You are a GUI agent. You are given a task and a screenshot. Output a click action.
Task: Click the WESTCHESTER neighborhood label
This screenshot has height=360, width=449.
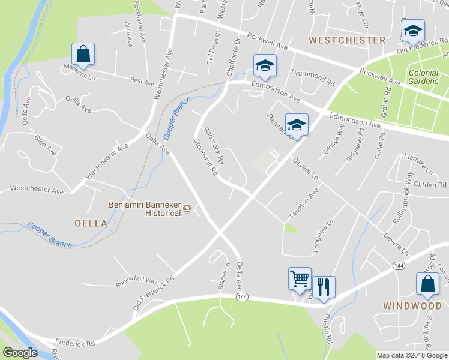347,40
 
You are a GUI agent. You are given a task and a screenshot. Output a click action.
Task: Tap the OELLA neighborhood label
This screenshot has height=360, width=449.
91,223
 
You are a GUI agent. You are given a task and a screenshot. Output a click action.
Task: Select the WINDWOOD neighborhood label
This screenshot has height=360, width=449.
413,305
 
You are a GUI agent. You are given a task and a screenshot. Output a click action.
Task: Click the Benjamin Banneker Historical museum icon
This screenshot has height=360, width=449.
187,209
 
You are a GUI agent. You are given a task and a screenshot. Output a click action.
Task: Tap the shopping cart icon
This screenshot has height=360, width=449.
300,278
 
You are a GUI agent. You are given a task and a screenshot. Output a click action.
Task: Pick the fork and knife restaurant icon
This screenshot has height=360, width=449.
324,286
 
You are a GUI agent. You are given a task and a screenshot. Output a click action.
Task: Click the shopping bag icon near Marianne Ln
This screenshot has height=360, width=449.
83,53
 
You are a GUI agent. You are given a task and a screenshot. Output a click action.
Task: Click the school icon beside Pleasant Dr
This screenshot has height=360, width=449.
296,124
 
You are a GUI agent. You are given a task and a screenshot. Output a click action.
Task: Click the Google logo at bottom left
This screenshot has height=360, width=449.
20,353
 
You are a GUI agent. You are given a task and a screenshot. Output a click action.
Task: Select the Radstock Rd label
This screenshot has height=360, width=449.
214,146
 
